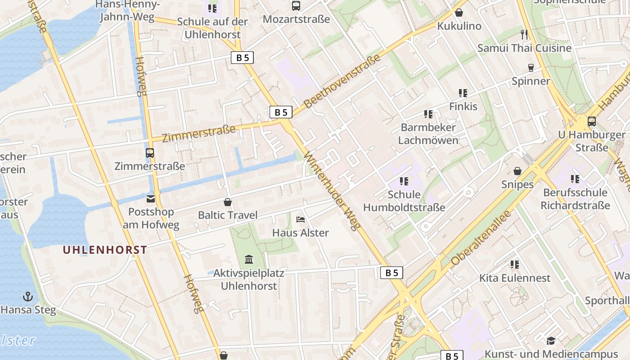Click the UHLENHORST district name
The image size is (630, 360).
(105, 250)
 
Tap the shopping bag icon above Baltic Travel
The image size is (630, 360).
(228, 202)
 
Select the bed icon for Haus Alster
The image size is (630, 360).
(301, 220)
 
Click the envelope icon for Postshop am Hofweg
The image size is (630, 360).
(150, 198)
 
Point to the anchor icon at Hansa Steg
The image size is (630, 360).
(28, 297)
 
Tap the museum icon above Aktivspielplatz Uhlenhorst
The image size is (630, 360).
(248, 259)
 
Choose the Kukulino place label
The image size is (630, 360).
(459, 26)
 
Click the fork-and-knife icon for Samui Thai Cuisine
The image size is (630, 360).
(524, 34)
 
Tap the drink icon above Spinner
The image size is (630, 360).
(531, 67)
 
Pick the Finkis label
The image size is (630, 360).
(463, 107)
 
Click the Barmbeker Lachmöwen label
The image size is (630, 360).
(428, 134)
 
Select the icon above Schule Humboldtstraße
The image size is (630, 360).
(404, 181)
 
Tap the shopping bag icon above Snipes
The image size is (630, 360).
(517, 171)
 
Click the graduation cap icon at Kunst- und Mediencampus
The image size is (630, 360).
(551, 341)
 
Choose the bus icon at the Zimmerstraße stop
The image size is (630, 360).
(150, 153)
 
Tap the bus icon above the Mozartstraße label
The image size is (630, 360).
(296, 6)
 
